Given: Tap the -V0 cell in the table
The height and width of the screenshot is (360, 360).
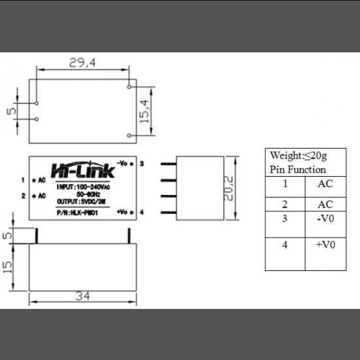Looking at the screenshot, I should [x=325, y=218].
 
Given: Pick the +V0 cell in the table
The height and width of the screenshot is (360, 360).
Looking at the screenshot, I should [x=325, y=245].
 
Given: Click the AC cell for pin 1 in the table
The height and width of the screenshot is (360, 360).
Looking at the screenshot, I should [x=325, y=184].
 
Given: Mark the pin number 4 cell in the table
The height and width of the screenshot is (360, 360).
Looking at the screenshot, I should [x=285, y=245].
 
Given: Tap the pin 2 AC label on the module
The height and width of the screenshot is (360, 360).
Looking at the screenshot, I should [x=41, y=196].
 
